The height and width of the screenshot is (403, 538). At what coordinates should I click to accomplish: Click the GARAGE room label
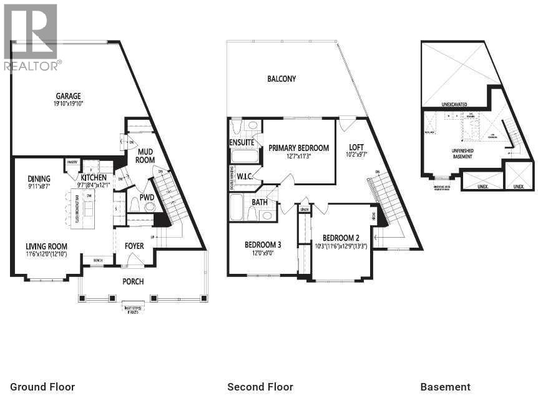click(x=68, y=96)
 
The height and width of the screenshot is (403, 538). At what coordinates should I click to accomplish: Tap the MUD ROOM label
click(x=145, y=155)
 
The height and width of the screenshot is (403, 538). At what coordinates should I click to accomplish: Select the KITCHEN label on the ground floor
click(x=94, y=178)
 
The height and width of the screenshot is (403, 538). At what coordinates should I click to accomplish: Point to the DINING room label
click(x=39, y=179)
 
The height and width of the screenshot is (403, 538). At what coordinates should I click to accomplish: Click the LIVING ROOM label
click(x=46, y=246)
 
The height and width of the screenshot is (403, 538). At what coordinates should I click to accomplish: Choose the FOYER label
click(x=134, y=246)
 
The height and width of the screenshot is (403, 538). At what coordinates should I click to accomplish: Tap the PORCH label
click(x=133, y=281)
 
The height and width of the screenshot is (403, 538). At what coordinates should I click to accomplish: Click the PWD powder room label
click(x=147, y=197)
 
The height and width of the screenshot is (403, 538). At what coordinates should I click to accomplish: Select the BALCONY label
click(x=281, y=79)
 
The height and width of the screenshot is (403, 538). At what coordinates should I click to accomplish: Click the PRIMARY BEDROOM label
click(x=298, y=148)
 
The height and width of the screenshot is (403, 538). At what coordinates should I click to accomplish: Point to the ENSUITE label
click(x=241, y=142)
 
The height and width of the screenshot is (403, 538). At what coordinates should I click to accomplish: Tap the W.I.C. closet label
click(x=244, y=176)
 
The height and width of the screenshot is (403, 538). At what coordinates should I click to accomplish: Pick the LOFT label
click(x=356, y=147)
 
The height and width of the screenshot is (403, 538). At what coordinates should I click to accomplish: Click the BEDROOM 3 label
click(x=262, y=245)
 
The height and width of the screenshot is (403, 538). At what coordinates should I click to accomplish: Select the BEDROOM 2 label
click(x=341, y=238)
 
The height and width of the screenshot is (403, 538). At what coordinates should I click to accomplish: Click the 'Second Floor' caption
click(x=260, y=387)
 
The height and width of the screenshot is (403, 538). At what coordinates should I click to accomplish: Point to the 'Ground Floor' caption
click(x=42, y=387)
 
